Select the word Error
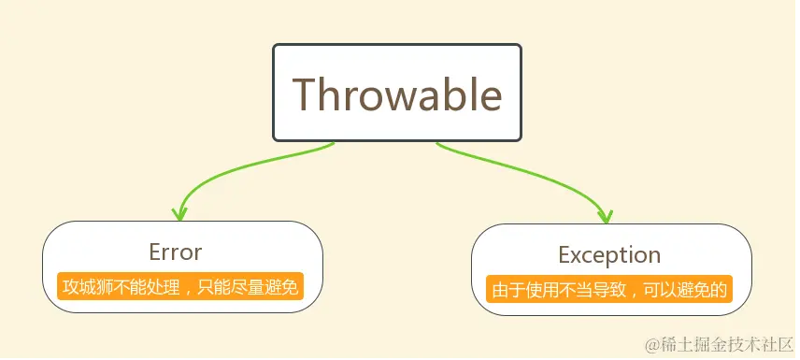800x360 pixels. tap(176, 252)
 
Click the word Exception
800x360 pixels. tap(609, 254)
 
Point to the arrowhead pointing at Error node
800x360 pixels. tap(179, 214)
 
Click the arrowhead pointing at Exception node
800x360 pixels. tap(606, 216)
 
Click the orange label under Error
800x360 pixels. tap(180, 286)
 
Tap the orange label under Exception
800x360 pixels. tap(609, 289)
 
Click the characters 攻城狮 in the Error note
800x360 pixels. tap(86, 287)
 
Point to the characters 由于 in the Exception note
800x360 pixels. tap(507, 290)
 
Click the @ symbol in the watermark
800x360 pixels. tap(653, 345)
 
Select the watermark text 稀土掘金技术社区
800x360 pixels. tap(727, 345)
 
